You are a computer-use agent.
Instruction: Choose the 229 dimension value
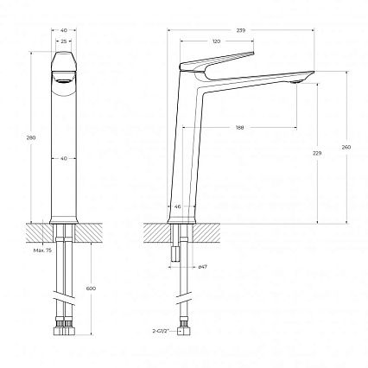point(317,153)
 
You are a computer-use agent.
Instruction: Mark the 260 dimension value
point(346,148)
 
